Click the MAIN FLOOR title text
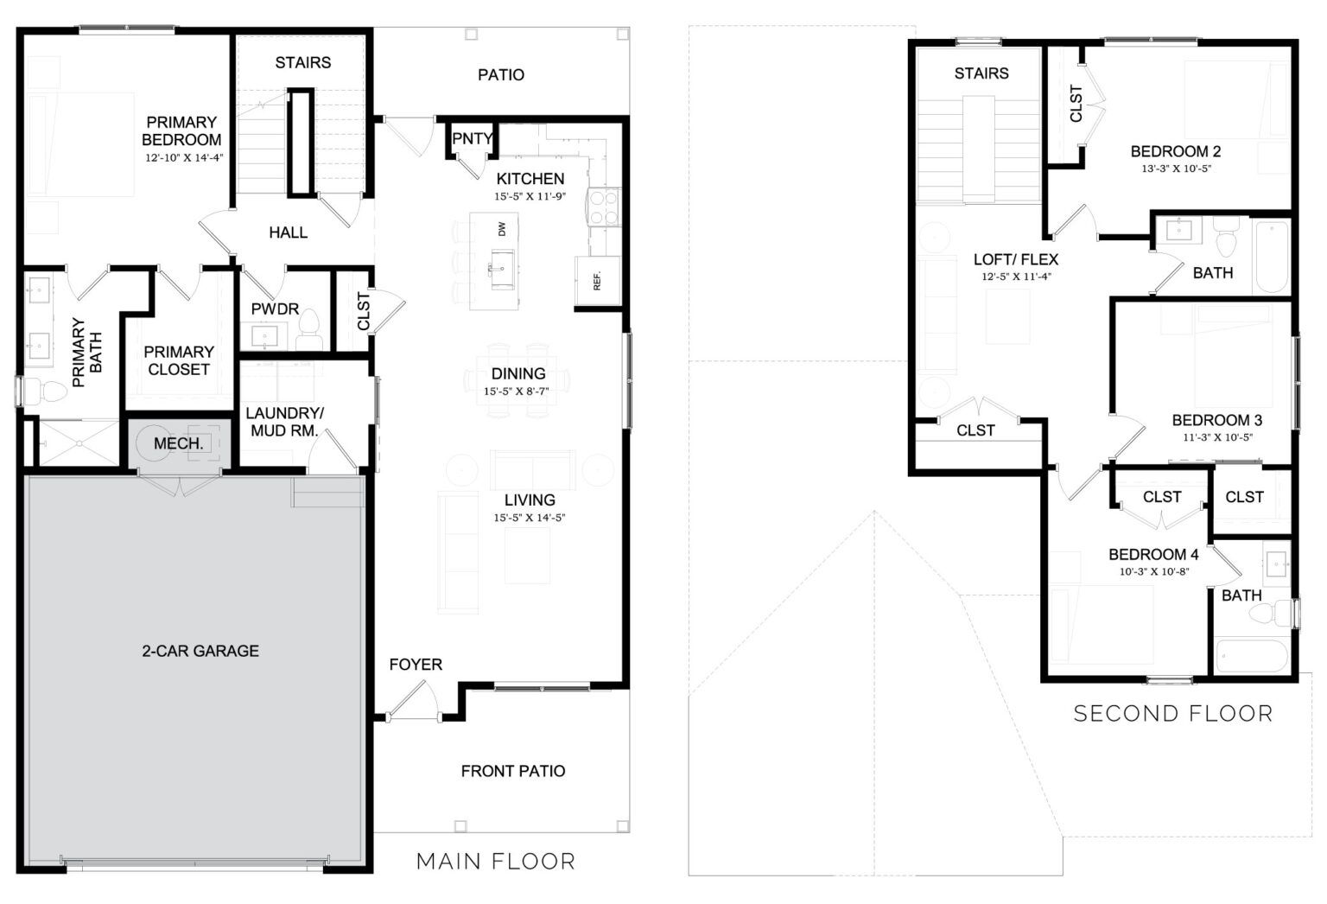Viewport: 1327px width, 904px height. pyautogui.click(x=495, y=861)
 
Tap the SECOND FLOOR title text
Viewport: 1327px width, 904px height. pyautogui.click(x=1172, y=713)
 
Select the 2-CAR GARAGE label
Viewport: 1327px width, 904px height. pyautogui.click(x=200, y=651)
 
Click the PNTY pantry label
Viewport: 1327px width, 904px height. pyautogui.click(x=472, y=138)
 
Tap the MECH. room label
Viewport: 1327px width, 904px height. pyautogui.click(x=179, y=443)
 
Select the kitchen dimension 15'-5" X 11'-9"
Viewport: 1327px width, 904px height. pyautogui.click(x=530, y=197)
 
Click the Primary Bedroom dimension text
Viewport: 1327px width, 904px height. pyautogui.click(x=182, y=157)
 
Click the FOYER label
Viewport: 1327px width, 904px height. pyautogui.click(x=416, y=664)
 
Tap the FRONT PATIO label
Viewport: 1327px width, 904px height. pyautogui.click(x=512, y=771)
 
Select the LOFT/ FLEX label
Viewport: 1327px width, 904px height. pyautogui.click(x=1015, y=259)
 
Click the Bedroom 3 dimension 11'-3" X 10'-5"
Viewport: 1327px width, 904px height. pyautogui.click(x=1217, y=437)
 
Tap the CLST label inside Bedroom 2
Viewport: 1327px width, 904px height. pyautogui.click(x=1076, y=103)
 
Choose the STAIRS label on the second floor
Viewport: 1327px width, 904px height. pyautogui.click(x=981, y=73)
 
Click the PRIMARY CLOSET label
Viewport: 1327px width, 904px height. pyautogui.click(x=179, y=360)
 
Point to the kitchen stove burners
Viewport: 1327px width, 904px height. pyautogui.click(x=603, y=207)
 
